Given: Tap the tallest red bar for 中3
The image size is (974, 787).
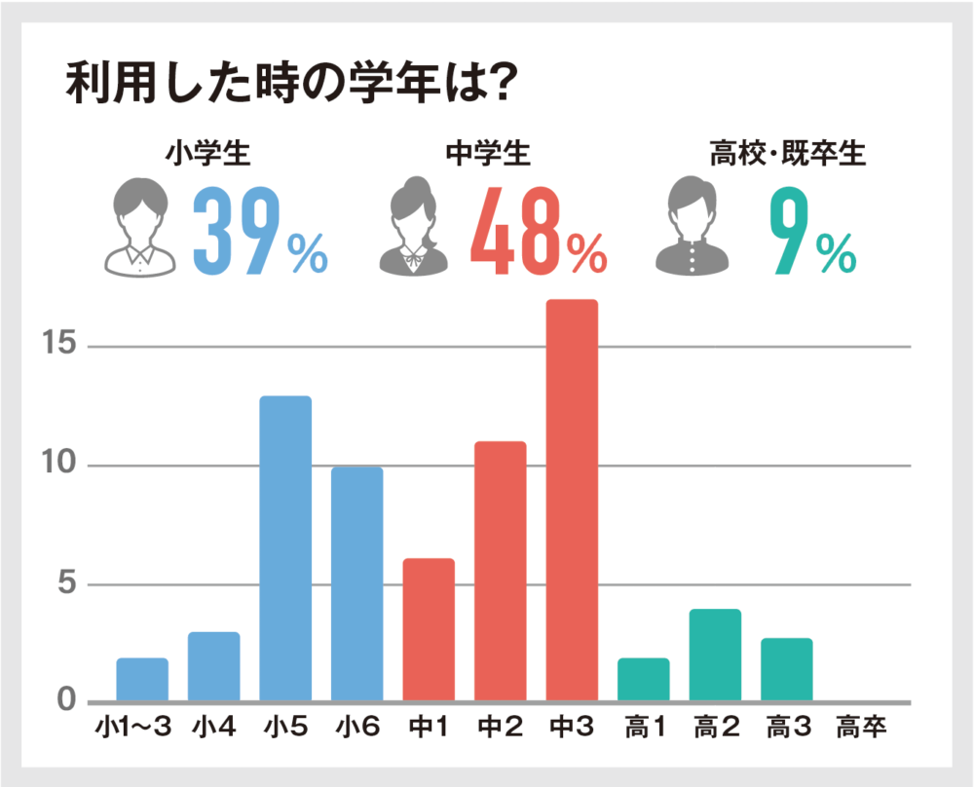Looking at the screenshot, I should [x=572, y=501].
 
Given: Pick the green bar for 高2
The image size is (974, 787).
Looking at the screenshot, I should [x=715, y=655].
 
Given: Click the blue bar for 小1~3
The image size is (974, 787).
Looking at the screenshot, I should [x=142, y=680].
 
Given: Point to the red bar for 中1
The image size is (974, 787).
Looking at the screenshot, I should [x=429, y=629].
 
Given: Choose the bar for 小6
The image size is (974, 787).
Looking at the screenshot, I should [x=356, y=584].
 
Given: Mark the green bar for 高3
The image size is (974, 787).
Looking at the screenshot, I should [x=787, y=669].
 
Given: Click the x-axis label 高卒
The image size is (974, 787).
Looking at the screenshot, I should [x=861, y=727].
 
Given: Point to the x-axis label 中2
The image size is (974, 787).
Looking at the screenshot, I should [x=500, y=727].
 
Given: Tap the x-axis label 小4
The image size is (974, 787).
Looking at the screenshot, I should [x=213, y=727].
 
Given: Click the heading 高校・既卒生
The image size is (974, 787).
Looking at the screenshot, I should [x=787, y=153].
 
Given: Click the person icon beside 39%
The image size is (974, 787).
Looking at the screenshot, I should [x=141, y=224].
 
